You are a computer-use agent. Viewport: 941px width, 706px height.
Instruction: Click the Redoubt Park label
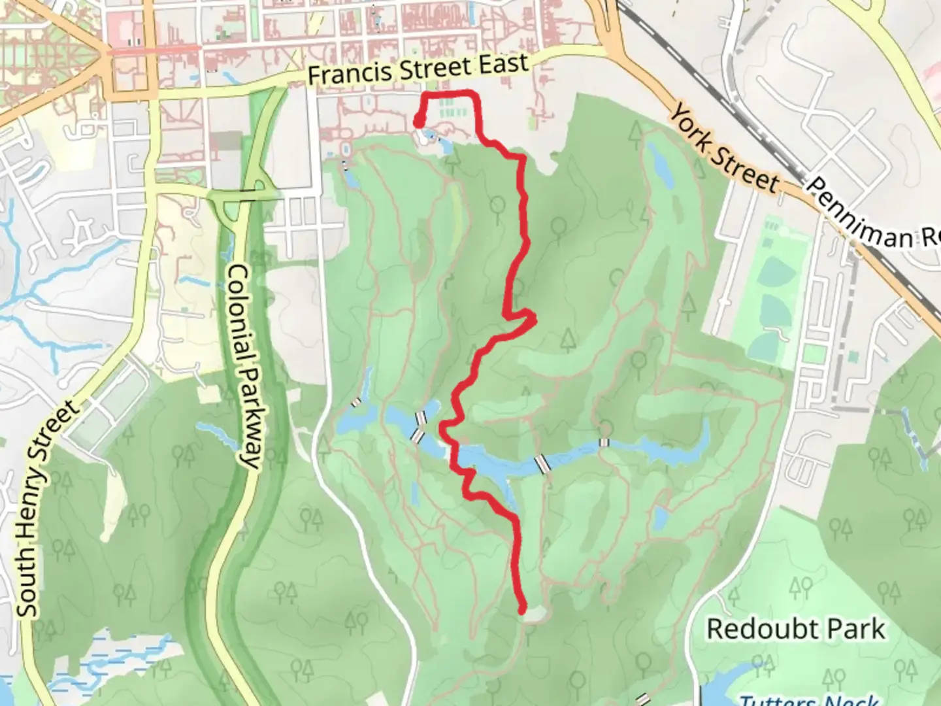[796, 629]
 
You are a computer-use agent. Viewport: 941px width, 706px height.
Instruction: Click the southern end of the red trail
[522, 609]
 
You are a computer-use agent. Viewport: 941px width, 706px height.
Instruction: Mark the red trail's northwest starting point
[418, 121]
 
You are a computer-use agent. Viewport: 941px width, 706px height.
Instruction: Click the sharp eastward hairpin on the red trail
[534, 319]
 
